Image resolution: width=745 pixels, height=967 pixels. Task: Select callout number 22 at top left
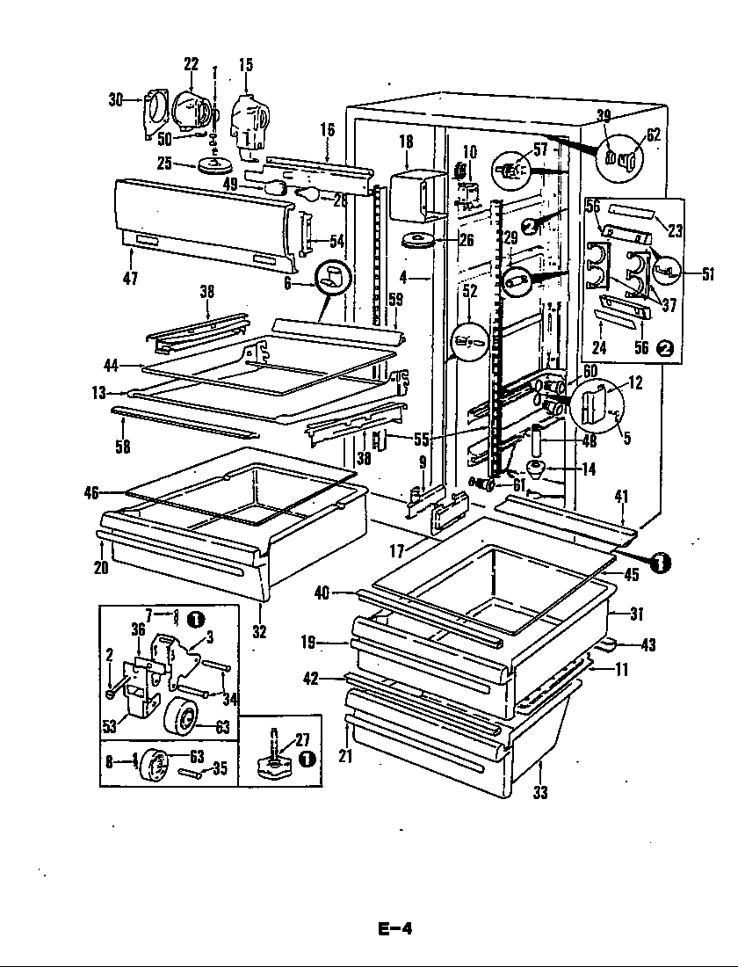click(191, 64)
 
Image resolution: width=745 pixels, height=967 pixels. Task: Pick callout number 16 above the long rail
click(327, 130)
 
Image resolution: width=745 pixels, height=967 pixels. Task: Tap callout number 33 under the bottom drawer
click(539, 792)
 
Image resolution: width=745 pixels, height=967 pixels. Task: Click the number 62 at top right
click(653, 135)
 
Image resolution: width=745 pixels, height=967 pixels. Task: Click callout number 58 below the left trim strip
click(122, 446)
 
